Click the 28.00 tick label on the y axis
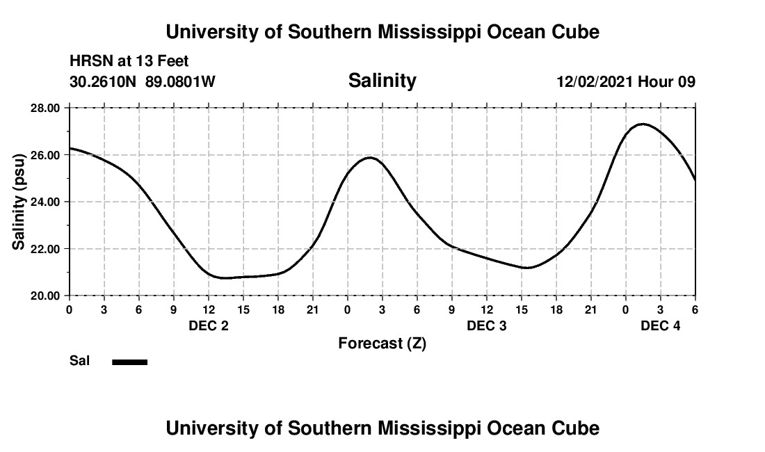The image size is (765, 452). [x=46, y=108]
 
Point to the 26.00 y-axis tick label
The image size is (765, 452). [x=46, y=154]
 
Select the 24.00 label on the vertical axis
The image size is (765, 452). [x=46, y=202]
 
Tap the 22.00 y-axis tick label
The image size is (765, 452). [x=46, y=248]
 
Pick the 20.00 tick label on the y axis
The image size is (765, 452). [x=46, y=296]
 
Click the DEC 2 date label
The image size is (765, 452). [x=209, y=325]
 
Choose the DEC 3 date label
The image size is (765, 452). [x=487, y=325]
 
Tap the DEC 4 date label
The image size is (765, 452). [x=661, y=325]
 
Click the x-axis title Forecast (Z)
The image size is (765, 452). [x=382, y=344]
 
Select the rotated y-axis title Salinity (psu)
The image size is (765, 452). [x=19, y=202]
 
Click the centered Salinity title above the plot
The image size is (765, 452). [x=382, y=81]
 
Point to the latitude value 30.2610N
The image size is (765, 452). [x=104, y=82]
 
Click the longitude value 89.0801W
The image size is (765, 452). [x=180, y=82]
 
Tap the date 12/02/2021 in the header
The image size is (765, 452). [x=595, y=82]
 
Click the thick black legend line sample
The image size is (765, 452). [x=130, y=362]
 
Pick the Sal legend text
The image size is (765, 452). [x=79, y=361]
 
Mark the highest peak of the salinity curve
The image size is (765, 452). [x=642, y=124]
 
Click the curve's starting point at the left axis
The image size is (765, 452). [x=70, y=148]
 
